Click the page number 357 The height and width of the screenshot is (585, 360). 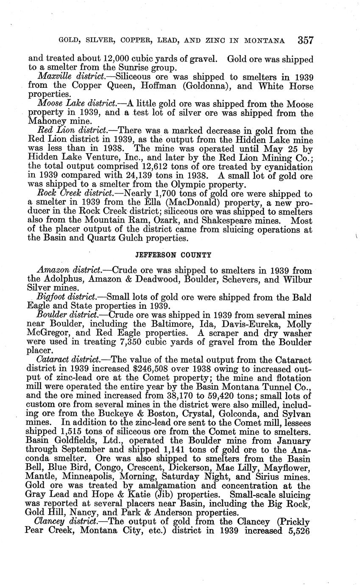pyautogui.click(x=305, y=40)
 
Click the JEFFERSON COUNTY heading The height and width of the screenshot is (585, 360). pyautogui.click(x=173, y=255)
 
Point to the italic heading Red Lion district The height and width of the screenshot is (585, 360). pyautogui.click(x=70, y=131)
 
